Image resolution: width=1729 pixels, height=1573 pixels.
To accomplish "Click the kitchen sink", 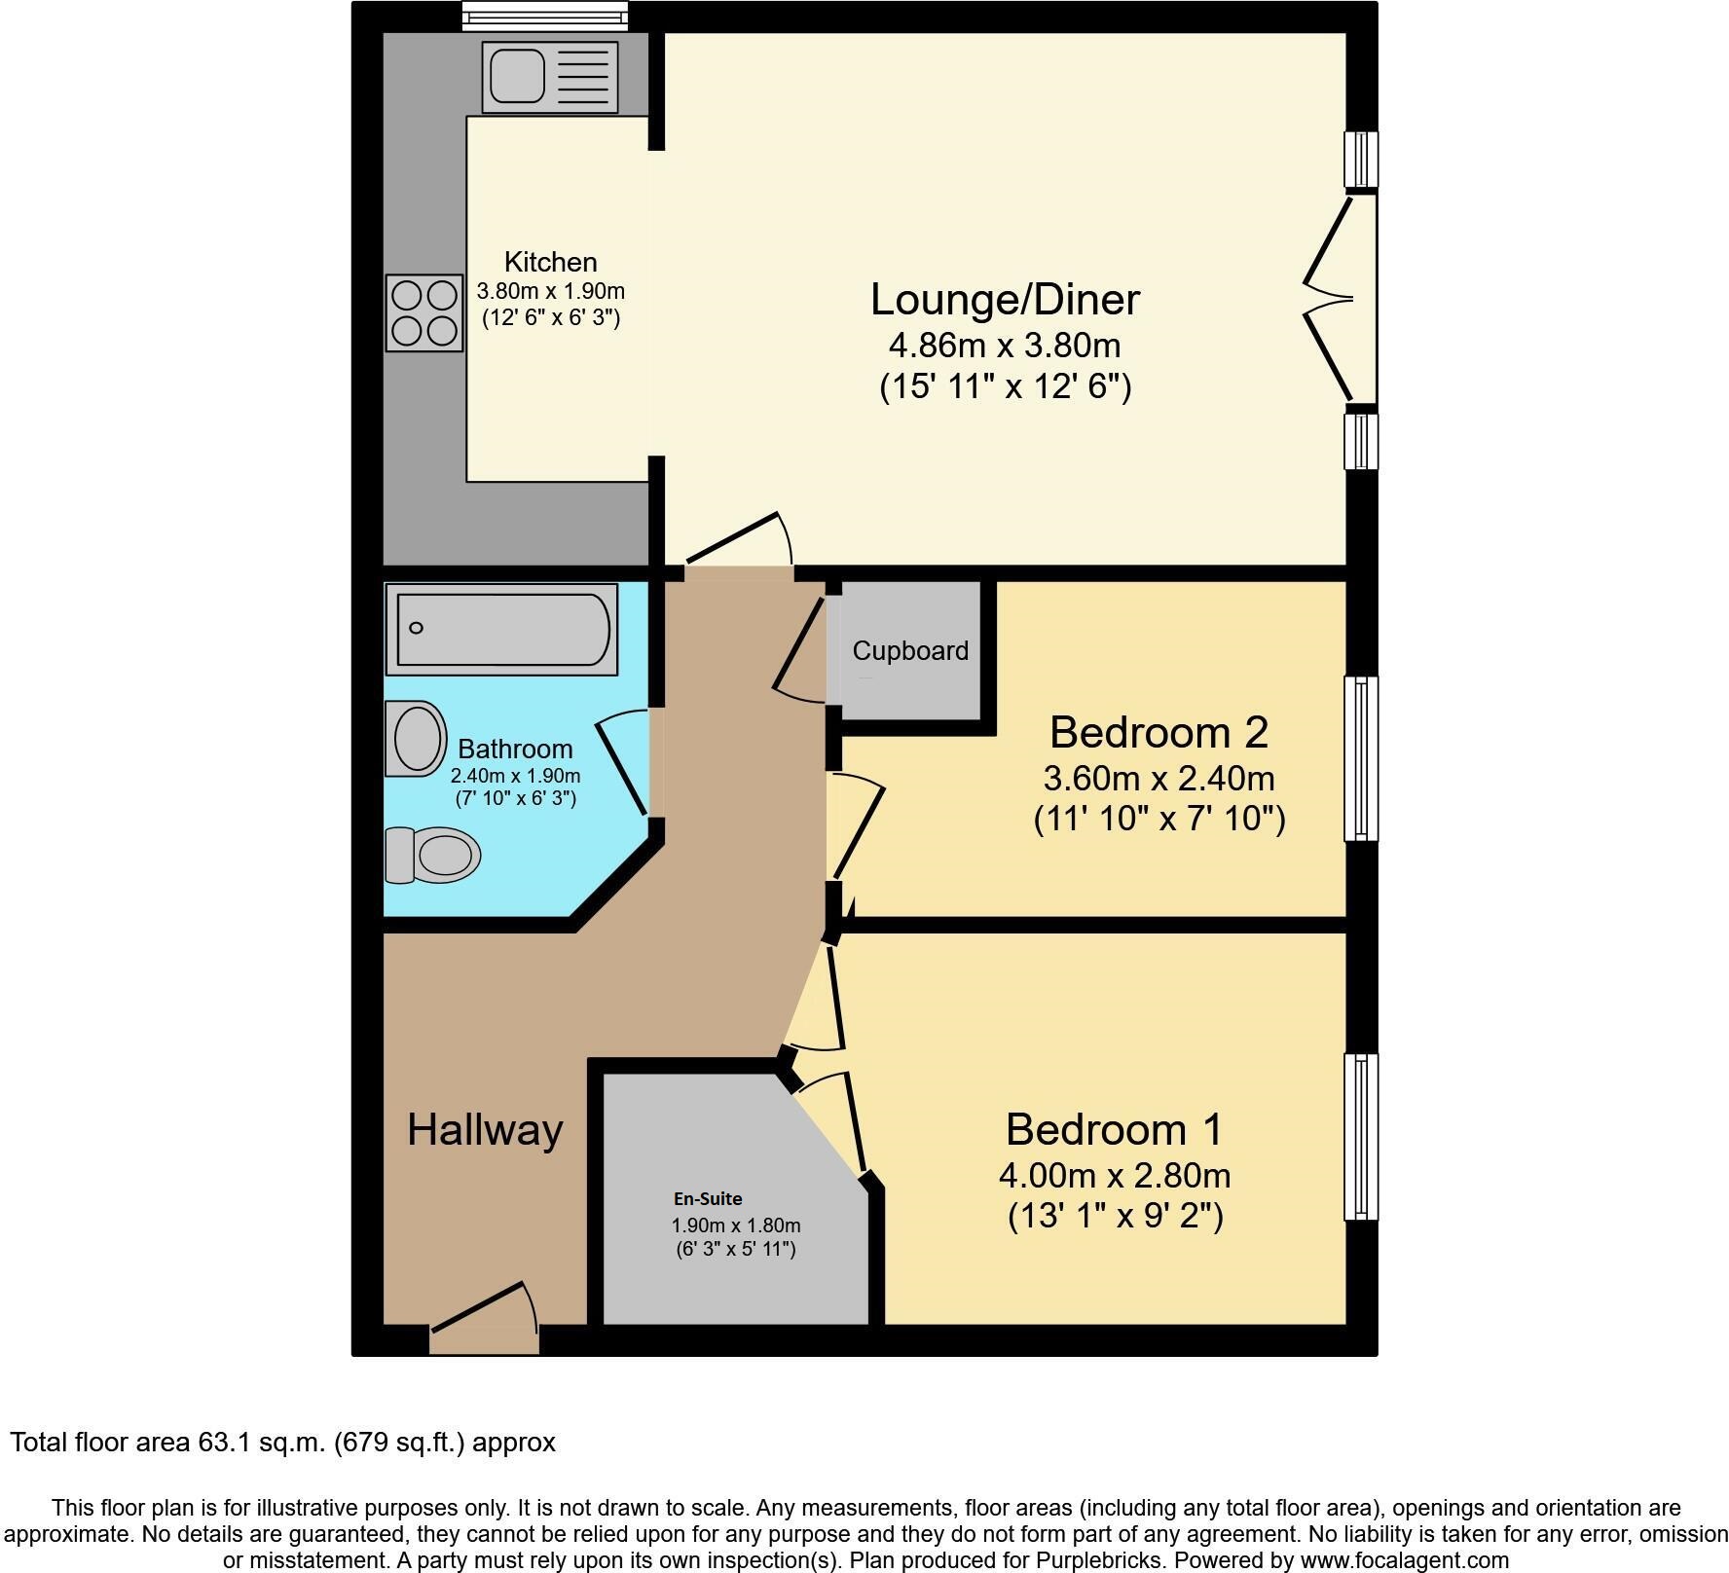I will pos(549,77).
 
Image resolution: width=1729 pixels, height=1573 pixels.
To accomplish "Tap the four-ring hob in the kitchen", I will pos(423,312).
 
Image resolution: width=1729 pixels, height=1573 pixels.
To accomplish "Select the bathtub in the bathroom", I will pos(501,629).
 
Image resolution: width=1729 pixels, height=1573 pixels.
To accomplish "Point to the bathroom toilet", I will pos(433,856).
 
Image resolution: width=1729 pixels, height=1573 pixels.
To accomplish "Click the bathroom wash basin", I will pos(417,739).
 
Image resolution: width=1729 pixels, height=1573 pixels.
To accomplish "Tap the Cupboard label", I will pos(910,651).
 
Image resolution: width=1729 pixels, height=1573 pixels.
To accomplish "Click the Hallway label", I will pos(485,1130).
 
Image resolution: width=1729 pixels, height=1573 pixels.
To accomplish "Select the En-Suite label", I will pos(708,1199).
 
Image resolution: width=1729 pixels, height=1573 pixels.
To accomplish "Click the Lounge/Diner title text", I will pos(1005,299).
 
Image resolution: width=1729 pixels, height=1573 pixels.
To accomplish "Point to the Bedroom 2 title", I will pos(1159,732).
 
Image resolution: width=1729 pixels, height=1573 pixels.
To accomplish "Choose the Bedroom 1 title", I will pos(1114,1129).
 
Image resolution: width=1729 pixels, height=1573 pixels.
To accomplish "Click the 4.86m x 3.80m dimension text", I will pos(1005,346).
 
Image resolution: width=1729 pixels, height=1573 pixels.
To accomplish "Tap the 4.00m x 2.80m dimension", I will pos(1115,1176).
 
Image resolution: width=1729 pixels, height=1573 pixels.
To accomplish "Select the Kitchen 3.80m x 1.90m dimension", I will pos(550,291).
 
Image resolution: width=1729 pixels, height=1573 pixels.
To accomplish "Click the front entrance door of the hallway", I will pos(485,1320).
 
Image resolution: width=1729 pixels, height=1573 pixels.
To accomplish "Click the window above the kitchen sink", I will pos(544,15).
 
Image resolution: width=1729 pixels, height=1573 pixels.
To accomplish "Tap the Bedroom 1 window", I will pos(1360,1136).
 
